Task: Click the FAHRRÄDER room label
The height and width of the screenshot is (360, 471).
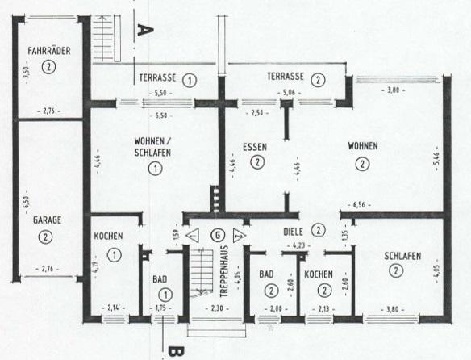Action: [49, 51]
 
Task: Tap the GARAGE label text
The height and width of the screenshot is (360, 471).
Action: [47, 220]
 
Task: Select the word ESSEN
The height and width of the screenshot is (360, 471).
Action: [255, 147]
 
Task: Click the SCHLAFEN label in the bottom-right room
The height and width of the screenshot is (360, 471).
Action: [402, 256]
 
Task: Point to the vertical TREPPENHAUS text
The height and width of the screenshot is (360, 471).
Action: [224, 271]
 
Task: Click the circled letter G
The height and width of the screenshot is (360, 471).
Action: [218, 235]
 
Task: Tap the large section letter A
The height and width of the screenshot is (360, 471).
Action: [145, 30]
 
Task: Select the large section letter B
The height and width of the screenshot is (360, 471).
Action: [177, 352]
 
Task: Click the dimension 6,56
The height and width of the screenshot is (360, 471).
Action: [359, 205]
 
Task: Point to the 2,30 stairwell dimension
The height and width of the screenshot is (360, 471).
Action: [217, 308]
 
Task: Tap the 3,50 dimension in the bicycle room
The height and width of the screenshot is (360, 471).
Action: [27, 72]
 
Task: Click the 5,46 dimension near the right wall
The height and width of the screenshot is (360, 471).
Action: [436, 158]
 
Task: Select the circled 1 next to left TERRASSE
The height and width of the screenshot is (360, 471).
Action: [190, 80]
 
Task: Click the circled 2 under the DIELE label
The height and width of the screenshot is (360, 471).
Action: [319, 230]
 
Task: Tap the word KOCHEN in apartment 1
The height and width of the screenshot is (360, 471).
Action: [108, 236]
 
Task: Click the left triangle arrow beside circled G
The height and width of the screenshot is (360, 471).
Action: [193, 235]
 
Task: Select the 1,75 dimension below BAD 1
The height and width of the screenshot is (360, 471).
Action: [160, 308]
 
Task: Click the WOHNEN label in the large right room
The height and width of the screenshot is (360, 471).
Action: [363, 146]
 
